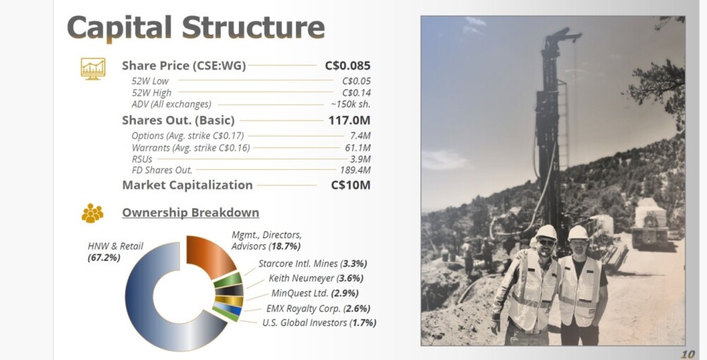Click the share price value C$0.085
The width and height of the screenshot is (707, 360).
coord(348,66)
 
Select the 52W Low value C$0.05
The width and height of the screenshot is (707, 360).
coord(356,81)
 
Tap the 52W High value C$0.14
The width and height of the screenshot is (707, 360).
coord(356,93)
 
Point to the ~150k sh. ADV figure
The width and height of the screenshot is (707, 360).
coord(351,104)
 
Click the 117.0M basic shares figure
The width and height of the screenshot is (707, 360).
coord(349,120)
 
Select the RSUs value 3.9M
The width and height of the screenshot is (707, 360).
coord(361,159)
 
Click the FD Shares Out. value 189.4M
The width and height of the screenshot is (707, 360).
coord(356,170)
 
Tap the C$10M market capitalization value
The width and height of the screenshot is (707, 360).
coord(351,185)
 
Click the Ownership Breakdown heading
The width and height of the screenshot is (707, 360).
coord(191,212)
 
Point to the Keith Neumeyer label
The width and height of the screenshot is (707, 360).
coord(315,279)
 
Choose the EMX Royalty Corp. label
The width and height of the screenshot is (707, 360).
coord(318,308)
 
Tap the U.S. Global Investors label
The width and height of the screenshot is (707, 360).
coord(320,323)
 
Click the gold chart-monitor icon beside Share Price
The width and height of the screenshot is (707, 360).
coord(93,69)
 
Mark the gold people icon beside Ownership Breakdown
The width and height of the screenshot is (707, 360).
coord(93,213)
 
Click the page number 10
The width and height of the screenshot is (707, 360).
coord(688,354)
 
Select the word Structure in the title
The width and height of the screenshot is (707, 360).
coord(253,28)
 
